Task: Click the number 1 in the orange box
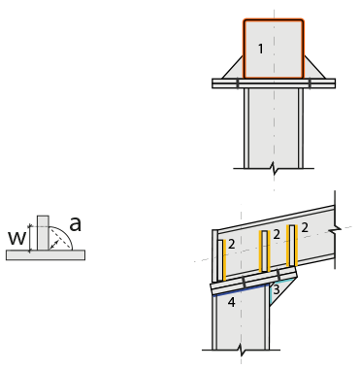point(261,49)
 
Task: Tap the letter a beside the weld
point(76,224)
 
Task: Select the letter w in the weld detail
point(16,238)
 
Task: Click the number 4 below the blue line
point(231,302)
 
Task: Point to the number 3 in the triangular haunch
point(277,289)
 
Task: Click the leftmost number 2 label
point(231,244)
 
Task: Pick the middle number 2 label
point(277,234)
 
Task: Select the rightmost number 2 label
point(305,228)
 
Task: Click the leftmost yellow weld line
point(224,260)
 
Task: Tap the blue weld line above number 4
point(241,290)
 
